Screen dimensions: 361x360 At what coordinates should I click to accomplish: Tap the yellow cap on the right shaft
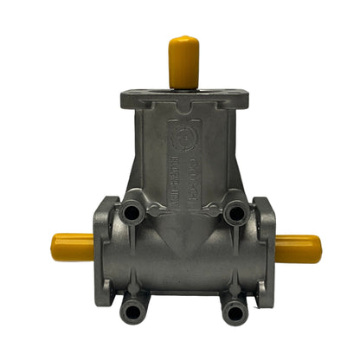pos(298,248)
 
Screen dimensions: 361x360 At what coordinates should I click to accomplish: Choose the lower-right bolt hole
pos(233,309)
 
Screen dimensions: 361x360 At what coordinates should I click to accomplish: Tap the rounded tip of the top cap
pos(183,40)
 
